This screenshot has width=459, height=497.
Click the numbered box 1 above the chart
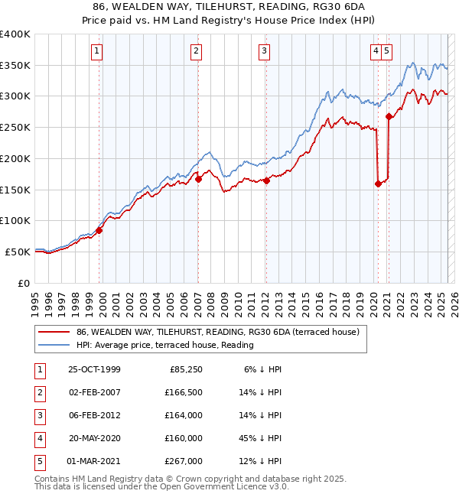[98, 51]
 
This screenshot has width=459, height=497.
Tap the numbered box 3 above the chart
[264, 51]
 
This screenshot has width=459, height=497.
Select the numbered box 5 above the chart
[387, 51]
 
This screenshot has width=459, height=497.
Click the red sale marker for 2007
[198, 180]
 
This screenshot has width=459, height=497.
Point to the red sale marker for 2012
[266, 181]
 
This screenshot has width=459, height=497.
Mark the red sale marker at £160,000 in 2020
[378, 184]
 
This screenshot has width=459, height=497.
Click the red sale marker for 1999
[99, 229]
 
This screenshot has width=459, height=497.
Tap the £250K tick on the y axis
[15, 128]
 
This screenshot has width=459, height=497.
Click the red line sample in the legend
[53, 333]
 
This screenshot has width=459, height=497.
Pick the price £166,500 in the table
[184, 392]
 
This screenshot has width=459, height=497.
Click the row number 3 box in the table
[37, 416]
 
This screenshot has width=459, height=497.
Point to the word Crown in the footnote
[174, 479]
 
